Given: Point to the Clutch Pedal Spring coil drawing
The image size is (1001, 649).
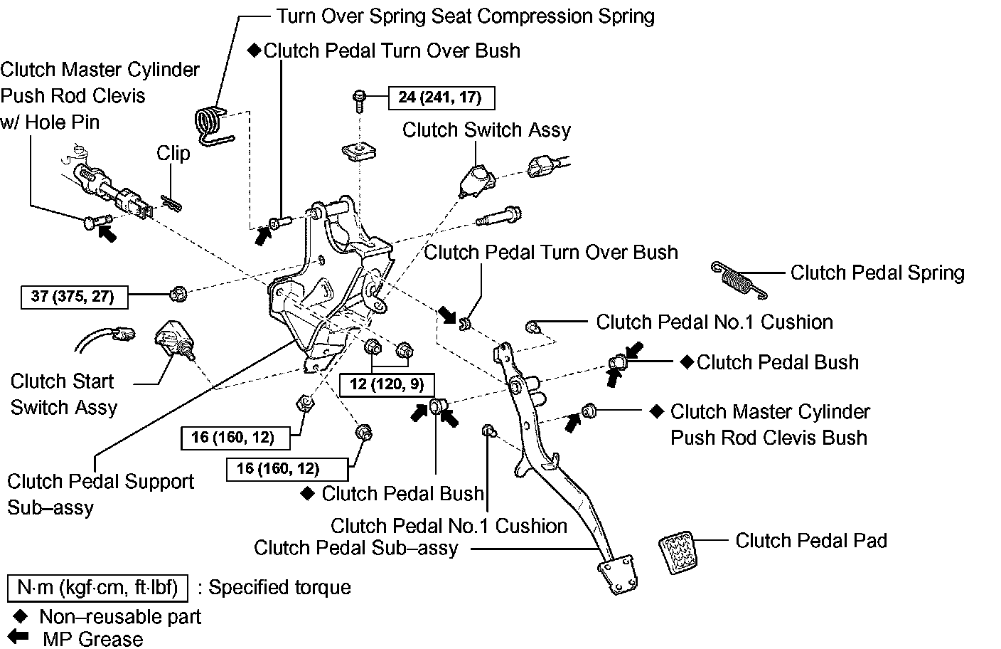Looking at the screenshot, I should (739, 278).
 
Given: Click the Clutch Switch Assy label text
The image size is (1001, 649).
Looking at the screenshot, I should (486, 130).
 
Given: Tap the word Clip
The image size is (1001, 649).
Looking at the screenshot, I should (173, 154).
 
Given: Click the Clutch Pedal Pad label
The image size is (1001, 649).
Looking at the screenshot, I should (811, 541).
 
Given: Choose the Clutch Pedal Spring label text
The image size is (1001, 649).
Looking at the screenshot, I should (877, 273).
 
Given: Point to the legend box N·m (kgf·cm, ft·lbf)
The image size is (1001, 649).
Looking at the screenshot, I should (97, 588).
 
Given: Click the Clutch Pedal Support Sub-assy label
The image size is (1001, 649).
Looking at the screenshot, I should (100, 495).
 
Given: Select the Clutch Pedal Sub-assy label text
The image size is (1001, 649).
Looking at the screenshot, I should (355, 548).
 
